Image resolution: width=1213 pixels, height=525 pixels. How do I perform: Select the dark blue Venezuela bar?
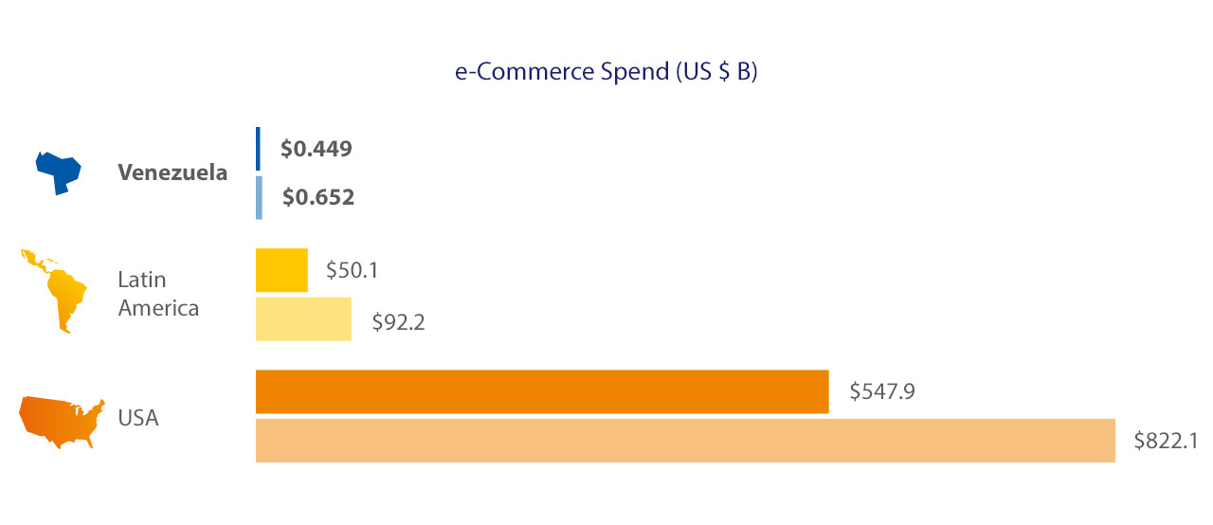click(x=258, y=149)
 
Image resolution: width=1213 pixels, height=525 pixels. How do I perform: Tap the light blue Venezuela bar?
click(x=259, y=197)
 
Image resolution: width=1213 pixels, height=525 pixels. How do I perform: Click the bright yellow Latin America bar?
click(x=281, y=270)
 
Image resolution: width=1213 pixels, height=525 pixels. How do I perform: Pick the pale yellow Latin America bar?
click(x=303, y=318)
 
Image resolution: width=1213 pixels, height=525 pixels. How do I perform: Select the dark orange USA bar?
click(x=542, y=391)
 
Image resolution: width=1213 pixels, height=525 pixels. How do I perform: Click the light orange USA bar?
click(x=685, y=441)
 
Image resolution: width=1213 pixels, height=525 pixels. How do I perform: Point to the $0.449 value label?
click(x=317, y=149)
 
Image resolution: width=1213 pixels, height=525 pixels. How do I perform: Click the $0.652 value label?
click(x=318, y=198)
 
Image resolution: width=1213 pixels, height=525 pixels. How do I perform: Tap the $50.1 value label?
click(x=353, y=271)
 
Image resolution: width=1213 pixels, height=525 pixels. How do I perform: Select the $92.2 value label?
click(x=397, y=322)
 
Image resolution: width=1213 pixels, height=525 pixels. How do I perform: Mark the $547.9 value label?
click(x=881, y=391)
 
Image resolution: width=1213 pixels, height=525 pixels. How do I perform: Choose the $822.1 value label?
click(x=1166, y=441)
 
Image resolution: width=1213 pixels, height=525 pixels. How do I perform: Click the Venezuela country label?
click(x=172, y=173)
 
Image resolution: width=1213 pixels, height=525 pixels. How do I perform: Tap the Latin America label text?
click(x=158, y=294)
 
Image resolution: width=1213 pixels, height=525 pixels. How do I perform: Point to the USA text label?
click(x=138, y=417)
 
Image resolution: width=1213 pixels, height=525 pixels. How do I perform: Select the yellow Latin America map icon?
click(x=55, y=290)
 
